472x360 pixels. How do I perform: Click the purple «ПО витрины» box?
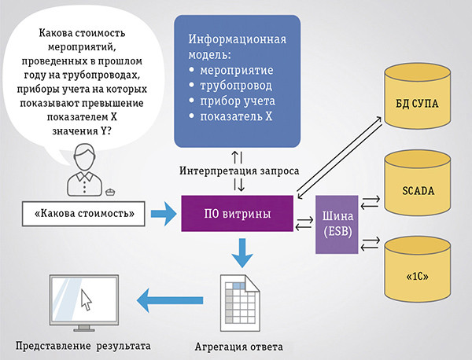point(237,212)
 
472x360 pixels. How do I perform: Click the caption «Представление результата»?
point(81,345)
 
